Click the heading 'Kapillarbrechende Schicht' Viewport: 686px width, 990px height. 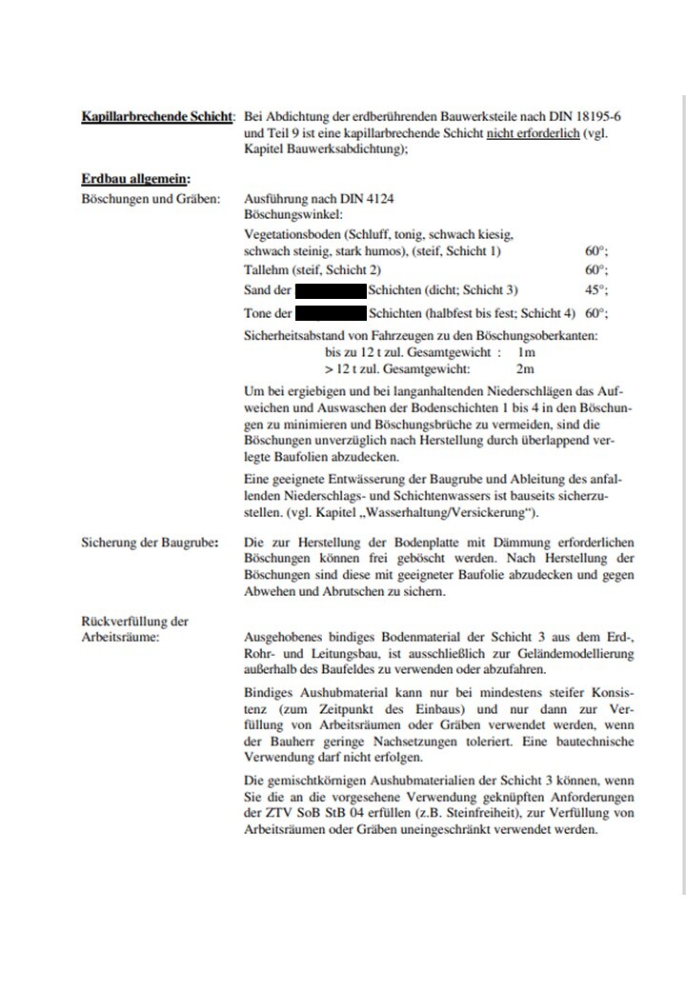click(156, 117)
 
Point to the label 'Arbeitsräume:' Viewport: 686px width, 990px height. click(121, 637)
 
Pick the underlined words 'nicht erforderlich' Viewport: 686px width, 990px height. click(533, 133)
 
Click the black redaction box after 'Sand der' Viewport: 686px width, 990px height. click(331, 289)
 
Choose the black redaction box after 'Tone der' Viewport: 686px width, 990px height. click(331, 312)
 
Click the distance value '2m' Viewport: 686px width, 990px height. click(524, 367)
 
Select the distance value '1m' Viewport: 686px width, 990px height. click(524, 352)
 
